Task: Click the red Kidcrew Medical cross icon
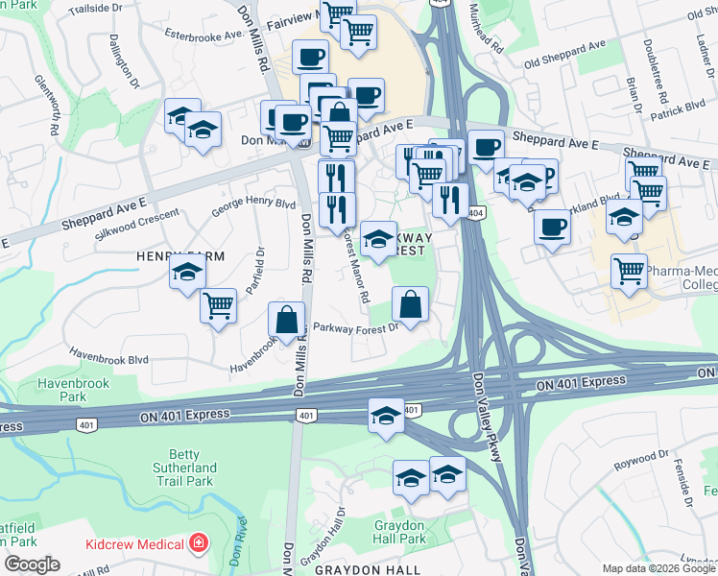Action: (199, 544)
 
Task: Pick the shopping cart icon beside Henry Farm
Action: (219, 306)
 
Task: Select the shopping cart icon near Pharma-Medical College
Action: (630, 272)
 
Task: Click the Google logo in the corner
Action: (32, 564)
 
